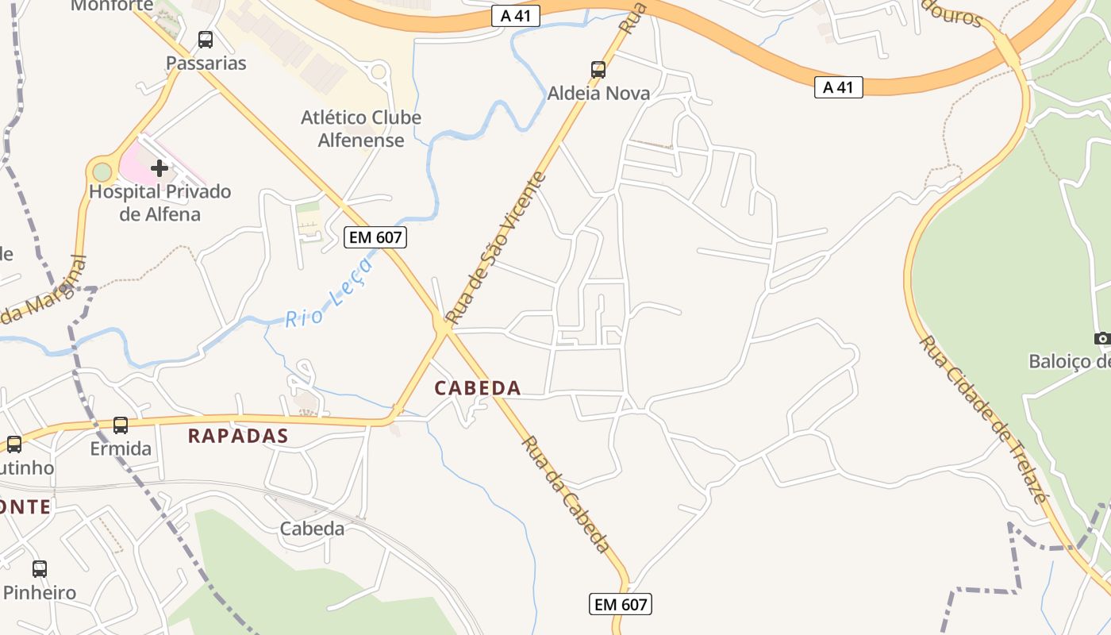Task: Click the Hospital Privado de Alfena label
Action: pos(160,202)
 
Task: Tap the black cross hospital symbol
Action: pos(160,167)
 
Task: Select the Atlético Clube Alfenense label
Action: pos(361,129)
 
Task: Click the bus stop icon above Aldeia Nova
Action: pos(598,70)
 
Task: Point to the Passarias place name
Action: pos(206,63)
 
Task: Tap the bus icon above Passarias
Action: pos(206,39)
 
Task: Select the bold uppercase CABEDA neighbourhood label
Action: pos(478,388)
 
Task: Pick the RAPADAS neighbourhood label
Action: pos(238,436)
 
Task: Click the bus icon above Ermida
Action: pos(121,425)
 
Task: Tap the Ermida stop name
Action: pos(121,448)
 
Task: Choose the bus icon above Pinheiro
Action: pos(40,568)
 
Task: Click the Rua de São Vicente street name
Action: pos(496,248)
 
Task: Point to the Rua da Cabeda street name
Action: pos(567,494)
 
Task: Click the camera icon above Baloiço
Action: pos(1102,339)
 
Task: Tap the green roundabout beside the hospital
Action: pos(102,171)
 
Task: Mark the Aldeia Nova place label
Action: pos(598,93)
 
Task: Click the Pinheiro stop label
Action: pos(40,592)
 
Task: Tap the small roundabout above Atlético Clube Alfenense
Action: pos(379,72)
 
